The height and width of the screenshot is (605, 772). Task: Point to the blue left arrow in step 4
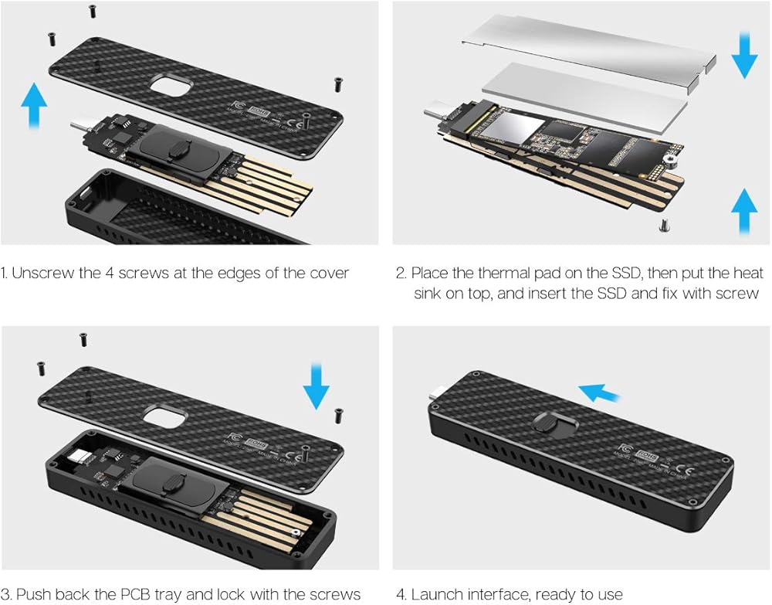[599, 394]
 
